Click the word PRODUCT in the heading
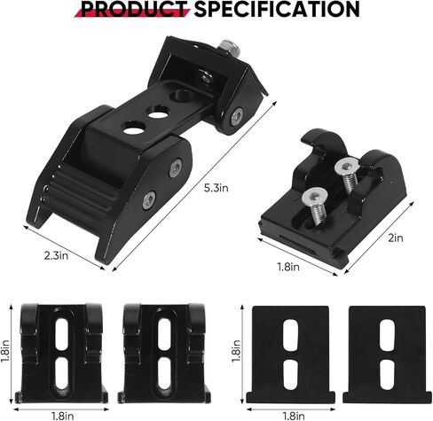[x=134, y=9]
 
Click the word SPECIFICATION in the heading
[x=277, y=9]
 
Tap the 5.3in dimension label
[x=216, y=188]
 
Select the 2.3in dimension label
[x=56, y=255]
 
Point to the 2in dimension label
[x=396, y=238]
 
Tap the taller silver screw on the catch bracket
[x=348, y=175]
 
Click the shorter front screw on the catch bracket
[x=315, y=205]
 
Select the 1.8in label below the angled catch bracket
[x=288, y=267]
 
